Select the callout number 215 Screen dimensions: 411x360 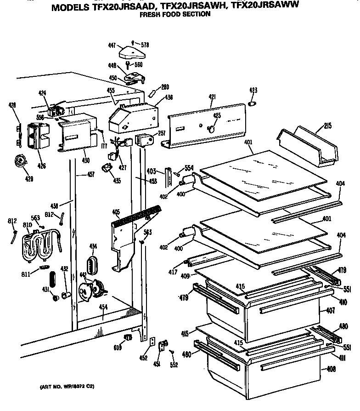[x=328, y=126]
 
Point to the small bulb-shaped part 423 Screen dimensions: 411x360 [x=252, y=104]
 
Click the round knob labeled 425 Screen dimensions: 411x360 [x=212, y=129]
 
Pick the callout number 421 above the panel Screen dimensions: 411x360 [x=212, y=97]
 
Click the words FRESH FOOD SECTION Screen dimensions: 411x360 [x=174, y=14]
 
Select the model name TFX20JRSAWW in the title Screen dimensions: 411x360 [x=266, y=6]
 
